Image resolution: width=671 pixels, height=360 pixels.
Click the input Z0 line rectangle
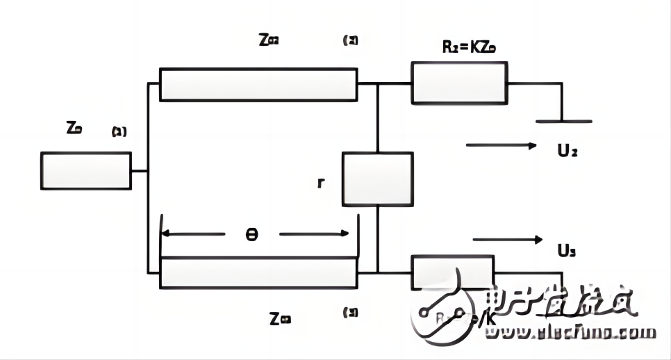pos(85,170)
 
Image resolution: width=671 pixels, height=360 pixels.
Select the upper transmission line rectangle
pos(258,84)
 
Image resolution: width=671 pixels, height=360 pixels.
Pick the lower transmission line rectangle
pos(258,272)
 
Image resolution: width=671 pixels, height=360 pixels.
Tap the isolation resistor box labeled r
pos(377,179)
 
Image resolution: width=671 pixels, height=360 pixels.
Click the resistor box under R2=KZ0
pos(460,83)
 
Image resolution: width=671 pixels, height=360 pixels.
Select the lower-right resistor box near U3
pos(453,272)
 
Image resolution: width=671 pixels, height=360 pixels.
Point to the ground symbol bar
pos(563,122)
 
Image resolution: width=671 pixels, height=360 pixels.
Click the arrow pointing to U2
pos(501,146)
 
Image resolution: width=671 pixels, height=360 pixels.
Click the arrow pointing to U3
pos(507,240)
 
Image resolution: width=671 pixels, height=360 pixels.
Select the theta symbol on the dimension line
pos(252,234)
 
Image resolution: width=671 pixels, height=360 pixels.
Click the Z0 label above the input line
pos(74,128)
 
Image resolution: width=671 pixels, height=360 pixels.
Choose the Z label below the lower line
pos(280,319)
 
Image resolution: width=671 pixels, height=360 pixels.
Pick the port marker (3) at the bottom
pos(350,313)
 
